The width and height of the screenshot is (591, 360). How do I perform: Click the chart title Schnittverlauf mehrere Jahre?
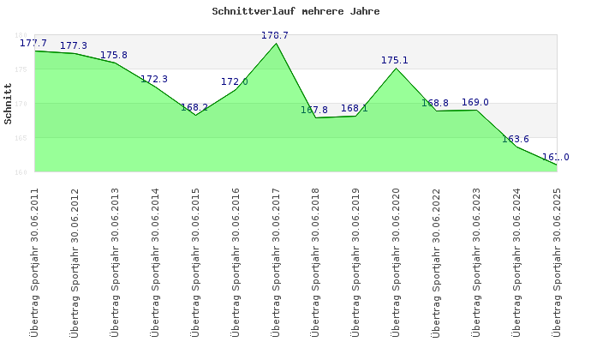coord(295,12)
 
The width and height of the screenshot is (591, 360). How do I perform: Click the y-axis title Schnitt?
coord(8,104)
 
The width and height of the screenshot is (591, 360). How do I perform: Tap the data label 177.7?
coord(33,43)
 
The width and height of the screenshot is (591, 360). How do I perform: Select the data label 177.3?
coord(74,45)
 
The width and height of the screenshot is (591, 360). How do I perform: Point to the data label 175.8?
coord(114,55)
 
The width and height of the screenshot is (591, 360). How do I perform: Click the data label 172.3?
coord(154,79)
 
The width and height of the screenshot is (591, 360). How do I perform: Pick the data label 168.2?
coord(194,107)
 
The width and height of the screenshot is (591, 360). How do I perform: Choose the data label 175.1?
coord(395,60)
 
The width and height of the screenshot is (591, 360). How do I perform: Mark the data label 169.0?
coord(475,102)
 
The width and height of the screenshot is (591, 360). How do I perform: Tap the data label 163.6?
coord(516,139)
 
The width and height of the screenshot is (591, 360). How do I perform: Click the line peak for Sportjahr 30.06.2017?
coord(276,43)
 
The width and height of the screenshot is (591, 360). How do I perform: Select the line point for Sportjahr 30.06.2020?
coord(396,68)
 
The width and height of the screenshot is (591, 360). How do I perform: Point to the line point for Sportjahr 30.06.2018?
coord(316,117)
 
